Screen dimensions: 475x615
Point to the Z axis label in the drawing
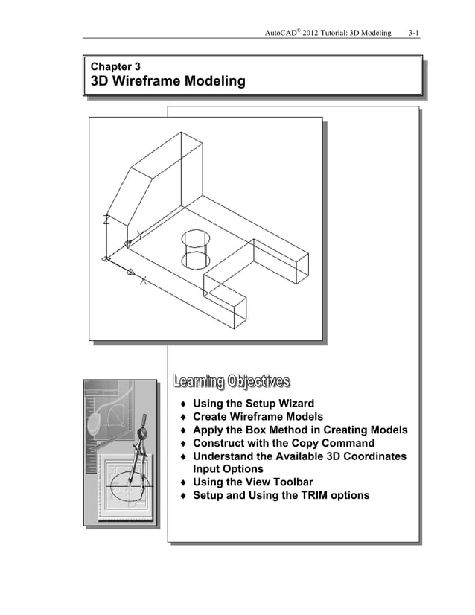click(x=106, y=220)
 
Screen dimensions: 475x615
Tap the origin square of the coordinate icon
click(x=105, y=259)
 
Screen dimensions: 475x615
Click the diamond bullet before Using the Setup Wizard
click(x=183, y=404)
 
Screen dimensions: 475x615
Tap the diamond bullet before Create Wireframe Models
click(x=183, y=417)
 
